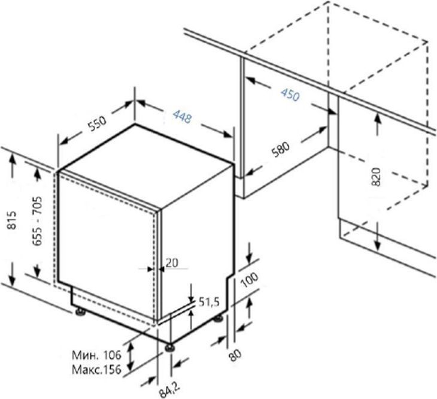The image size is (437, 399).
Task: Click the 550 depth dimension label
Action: [98, 123]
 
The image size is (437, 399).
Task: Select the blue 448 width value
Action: [183, 116]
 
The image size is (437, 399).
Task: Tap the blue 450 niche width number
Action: [290, 95]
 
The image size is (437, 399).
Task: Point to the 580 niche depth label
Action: [281, 150]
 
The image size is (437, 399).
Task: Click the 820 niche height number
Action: [376, 177]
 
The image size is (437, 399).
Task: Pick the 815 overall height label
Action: [12, 220]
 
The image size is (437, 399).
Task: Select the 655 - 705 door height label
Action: [37, 221]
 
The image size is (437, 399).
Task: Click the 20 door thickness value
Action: [172, 262]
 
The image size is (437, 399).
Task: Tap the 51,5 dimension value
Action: [209, 302]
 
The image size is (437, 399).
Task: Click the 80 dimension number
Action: [235, 355]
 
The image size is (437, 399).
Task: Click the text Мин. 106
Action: [97, 355]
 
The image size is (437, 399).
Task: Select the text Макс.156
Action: [97, 370]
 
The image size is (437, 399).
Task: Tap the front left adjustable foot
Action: [169, 347]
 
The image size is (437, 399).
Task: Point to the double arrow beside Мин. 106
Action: [131, 356]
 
